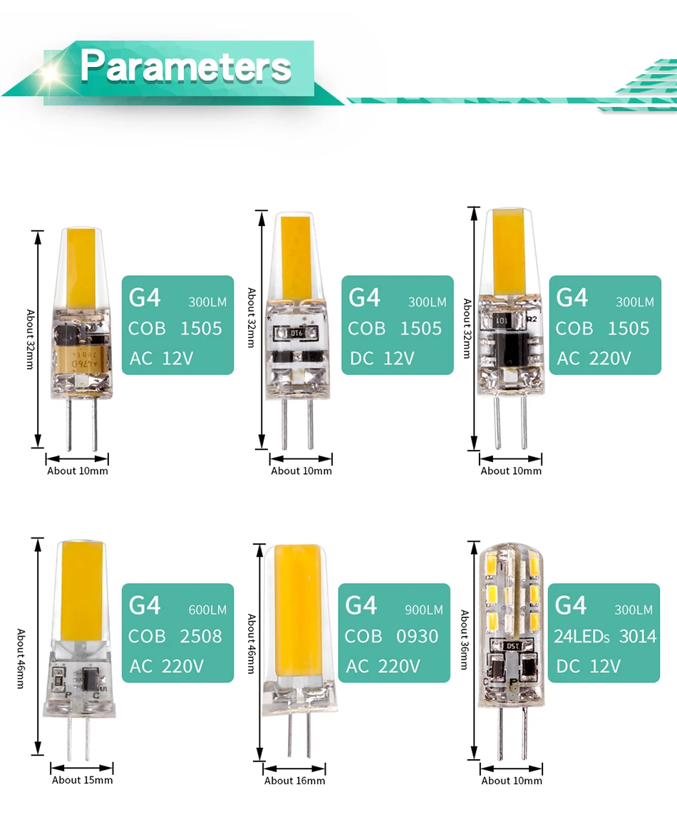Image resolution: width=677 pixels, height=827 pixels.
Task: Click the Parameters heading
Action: [x=185, y=66]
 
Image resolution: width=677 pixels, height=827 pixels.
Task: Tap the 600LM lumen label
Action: [x=207, y=610]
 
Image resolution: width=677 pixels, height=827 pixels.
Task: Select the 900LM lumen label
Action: [x=424, y=610]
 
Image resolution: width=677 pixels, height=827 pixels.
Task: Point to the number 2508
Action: [x=201, y=636]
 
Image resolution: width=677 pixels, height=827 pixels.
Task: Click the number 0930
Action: [x=418, y=636]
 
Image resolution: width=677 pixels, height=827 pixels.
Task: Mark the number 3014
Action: [x=638, y=636]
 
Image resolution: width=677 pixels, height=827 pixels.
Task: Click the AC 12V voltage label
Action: [x=162, y=358]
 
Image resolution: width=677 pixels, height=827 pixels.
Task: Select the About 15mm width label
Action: [x=82, y=780]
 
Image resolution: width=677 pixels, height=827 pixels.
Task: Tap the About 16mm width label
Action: [x=294, y=781]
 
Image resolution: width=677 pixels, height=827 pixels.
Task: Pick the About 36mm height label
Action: [x=465, y=639]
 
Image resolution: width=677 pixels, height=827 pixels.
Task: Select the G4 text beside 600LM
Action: [x=145, y=605]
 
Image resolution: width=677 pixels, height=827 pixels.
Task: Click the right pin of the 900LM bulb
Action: [x=309, y=737]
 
